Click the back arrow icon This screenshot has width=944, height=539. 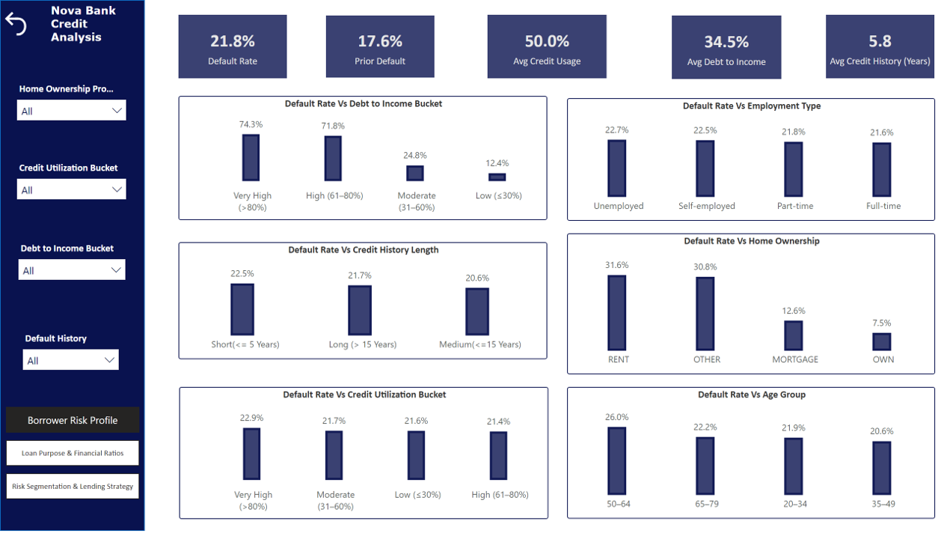(16, 24)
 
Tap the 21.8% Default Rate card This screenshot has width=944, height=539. (232, 46)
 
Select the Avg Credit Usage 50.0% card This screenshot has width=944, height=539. (546, 46)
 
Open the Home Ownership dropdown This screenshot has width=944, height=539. (72, 111)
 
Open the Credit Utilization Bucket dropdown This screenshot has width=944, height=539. (72, 189)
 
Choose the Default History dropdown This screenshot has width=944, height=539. (71, 360)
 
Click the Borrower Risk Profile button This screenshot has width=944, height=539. (73, 420)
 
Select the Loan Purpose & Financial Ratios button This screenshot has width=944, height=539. (73, 453)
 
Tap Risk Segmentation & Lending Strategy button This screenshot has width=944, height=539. (73, 486)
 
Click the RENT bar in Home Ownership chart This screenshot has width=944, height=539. (617, 313)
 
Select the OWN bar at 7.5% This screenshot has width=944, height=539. (882, 341)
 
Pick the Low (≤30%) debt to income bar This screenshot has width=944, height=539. (497, 177)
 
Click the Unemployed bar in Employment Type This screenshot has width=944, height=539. (617, 168)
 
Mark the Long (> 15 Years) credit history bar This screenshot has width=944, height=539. (360, 310)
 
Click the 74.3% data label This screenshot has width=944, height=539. (251, 124)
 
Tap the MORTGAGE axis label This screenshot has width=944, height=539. (795, 359)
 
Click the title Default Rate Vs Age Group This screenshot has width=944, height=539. (751, 395)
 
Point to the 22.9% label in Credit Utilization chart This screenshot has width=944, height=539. (252, 418)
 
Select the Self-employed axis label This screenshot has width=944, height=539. (706, 206)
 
